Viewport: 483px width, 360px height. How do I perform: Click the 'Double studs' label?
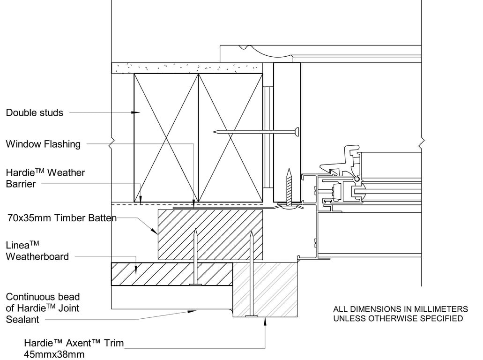point(34,112)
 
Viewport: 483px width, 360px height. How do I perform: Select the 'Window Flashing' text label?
point(43,144)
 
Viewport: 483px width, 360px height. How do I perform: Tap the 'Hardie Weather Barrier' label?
point(45,178)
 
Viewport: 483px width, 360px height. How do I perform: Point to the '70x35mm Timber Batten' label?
point(62,218)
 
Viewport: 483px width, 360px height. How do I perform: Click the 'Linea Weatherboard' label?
point(37,251)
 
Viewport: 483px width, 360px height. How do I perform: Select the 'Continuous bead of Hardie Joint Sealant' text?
point(43,308)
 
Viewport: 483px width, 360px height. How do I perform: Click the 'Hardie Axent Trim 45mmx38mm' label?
point(74,348)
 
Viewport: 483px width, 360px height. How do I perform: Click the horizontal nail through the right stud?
point(255,132)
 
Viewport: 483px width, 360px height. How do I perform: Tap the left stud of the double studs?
point(166,138)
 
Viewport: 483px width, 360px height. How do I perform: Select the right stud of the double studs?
point(230,138)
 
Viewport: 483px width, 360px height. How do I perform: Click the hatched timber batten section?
point(210,234)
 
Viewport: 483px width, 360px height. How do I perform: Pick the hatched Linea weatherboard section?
point(171,274)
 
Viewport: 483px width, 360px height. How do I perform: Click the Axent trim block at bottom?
point(265,290)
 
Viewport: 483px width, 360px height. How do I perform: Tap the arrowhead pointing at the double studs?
point(136,112)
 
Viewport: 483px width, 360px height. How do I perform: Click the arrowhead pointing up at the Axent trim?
point(265,321)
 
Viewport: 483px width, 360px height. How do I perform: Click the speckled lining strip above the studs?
point(186,68)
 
